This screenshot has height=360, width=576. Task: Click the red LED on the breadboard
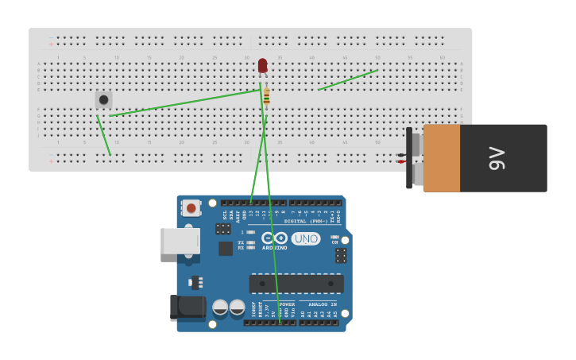coord(262,66)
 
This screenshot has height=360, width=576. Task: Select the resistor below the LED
coord(266,96)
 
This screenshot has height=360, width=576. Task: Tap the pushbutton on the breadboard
coord(103,99)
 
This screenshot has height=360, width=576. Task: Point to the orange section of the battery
coord(441,158)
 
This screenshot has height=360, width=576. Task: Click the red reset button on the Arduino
coord(191,208)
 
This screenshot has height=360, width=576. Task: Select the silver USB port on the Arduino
coord(179,241)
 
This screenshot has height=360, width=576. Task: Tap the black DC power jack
coord(187,308)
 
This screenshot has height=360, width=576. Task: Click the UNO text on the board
coord(306,238)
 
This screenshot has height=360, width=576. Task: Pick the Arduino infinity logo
coord(275,238)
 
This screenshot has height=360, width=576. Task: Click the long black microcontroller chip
coord(296,283)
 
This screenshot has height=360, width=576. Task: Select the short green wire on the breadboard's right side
coord(348,79)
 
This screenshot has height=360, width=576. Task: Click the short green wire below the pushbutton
coord(103,135)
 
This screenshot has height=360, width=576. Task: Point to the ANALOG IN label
coord(322,304)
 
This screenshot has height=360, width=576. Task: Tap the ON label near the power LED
coord(334,242)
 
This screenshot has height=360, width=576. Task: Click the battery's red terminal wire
coord(402,161)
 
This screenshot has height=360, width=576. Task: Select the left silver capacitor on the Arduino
coord(220,308)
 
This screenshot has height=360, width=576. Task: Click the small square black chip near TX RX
coord(226,248)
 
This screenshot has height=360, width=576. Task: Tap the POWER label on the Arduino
coord(287,304)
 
